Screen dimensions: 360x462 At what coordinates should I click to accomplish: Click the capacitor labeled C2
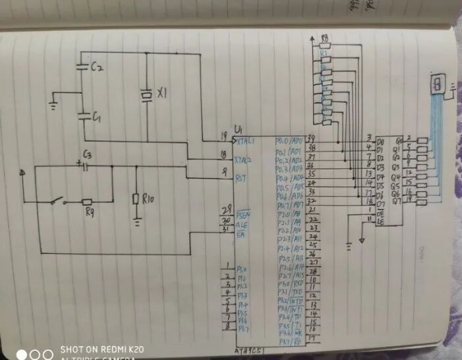(x=82, y=67)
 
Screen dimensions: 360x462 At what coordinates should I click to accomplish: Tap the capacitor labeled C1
(x=83, y=116)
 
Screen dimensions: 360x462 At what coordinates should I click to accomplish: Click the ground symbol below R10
(x=136, y=223)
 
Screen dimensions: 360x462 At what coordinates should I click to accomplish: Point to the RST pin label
(x=242, y=177)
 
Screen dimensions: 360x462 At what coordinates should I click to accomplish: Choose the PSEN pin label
(x=244, y=214)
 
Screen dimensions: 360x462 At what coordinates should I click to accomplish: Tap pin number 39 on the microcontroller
(x=312, y=136)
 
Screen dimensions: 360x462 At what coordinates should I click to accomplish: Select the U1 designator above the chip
(x=239, y=128)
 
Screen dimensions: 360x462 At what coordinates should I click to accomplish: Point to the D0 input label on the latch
(x=380, y=141)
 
